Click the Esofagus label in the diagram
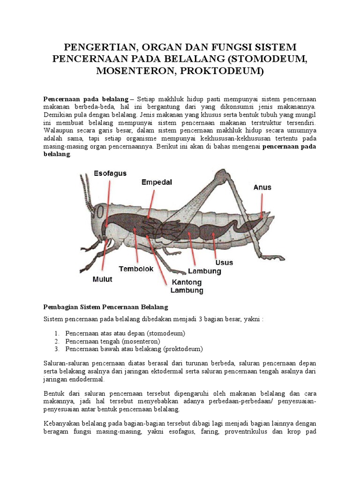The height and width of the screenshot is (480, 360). pyautogui.click(x=110, y=173)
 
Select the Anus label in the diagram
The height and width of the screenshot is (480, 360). pyautogui.click(x=262, y=187)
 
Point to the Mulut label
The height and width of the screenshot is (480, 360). pyautogui.click(x=101, y=279)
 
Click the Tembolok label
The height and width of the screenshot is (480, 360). pyautogui.click(x=136, y=269)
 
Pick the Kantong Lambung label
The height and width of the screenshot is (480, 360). pyautogui.click(x=187, y=286)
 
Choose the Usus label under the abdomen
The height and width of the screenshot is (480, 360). pyautogui.click(x=224, y=262)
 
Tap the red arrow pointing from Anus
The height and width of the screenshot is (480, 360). pyautogui.click(x=262, y=206)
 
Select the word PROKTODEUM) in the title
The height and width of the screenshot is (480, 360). pyautogui.click(x=230, y=72)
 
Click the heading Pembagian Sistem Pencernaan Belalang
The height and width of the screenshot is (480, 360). pyautogui.click(x=105, y=307)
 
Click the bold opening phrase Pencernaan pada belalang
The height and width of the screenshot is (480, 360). pyautogui.click(x=86, y=99)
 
